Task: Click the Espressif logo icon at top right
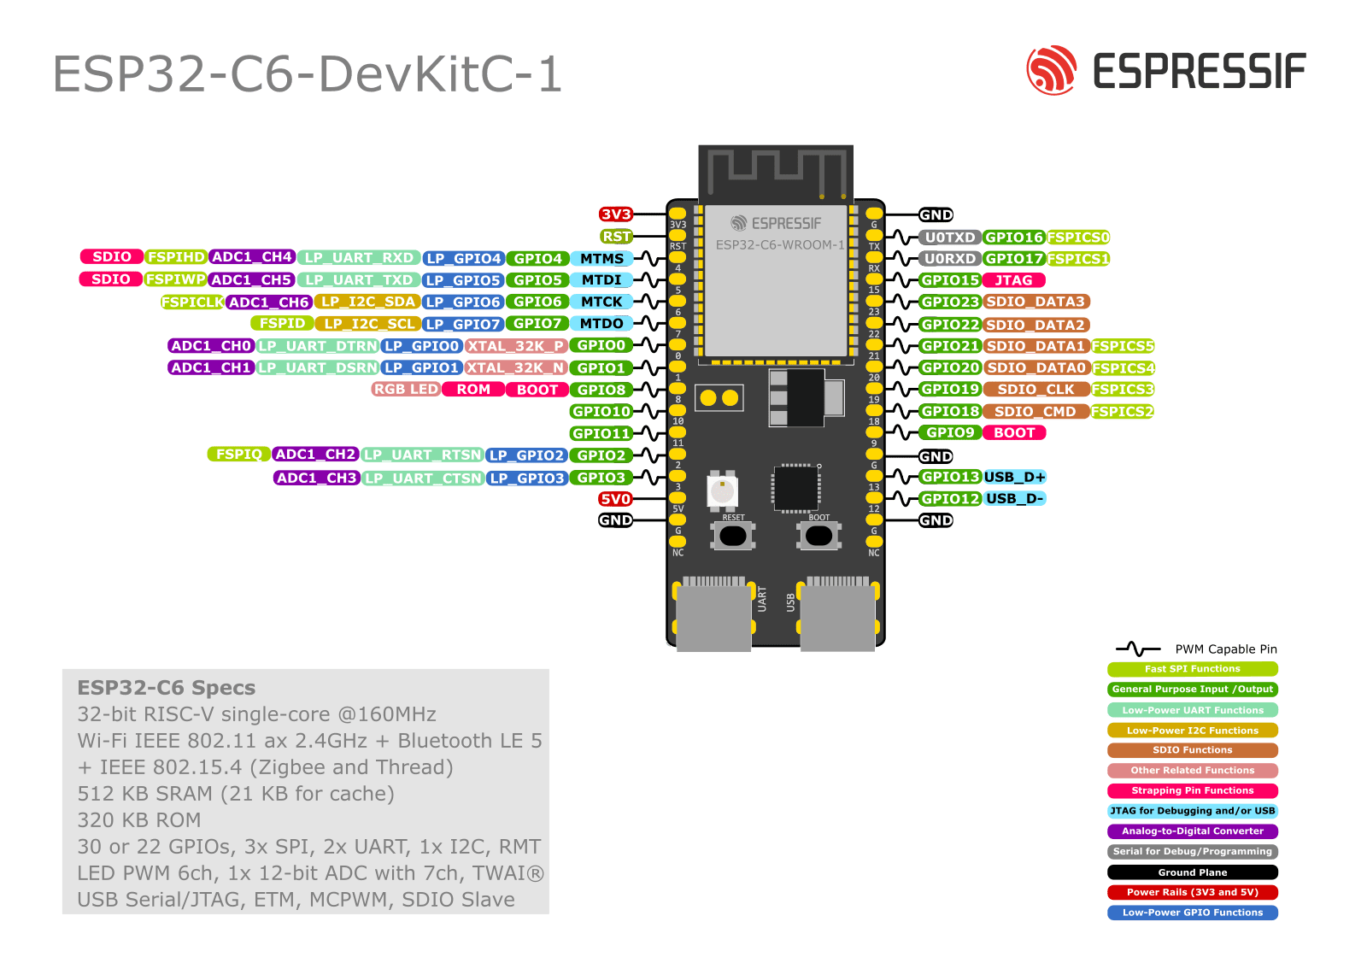[1051, 70]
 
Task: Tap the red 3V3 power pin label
[615, 214]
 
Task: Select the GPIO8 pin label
[601, 390]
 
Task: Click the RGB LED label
[406, 390]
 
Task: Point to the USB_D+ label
[1014, 477]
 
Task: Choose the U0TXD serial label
[949, 238]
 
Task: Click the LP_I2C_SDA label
[367, 302]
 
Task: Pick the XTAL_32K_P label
[515, 346]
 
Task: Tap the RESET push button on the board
[733, 536]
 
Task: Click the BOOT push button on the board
[818, 536]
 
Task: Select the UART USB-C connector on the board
[713, 617]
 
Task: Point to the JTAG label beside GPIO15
[1013, 280]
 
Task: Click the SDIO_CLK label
[1036, 390]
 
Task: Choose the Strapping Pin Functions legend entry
[1192, 791]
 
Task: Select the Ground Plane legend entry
[1192, 872]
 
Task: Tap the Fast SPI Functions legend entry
[1192, 669]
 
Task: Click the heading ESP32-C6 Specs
[166, 688]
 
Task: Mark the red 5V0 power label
[615, 499]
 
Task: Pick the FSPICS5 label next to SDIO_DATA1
[1122, 346]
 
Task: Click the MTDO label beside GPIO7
[601, 324]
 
